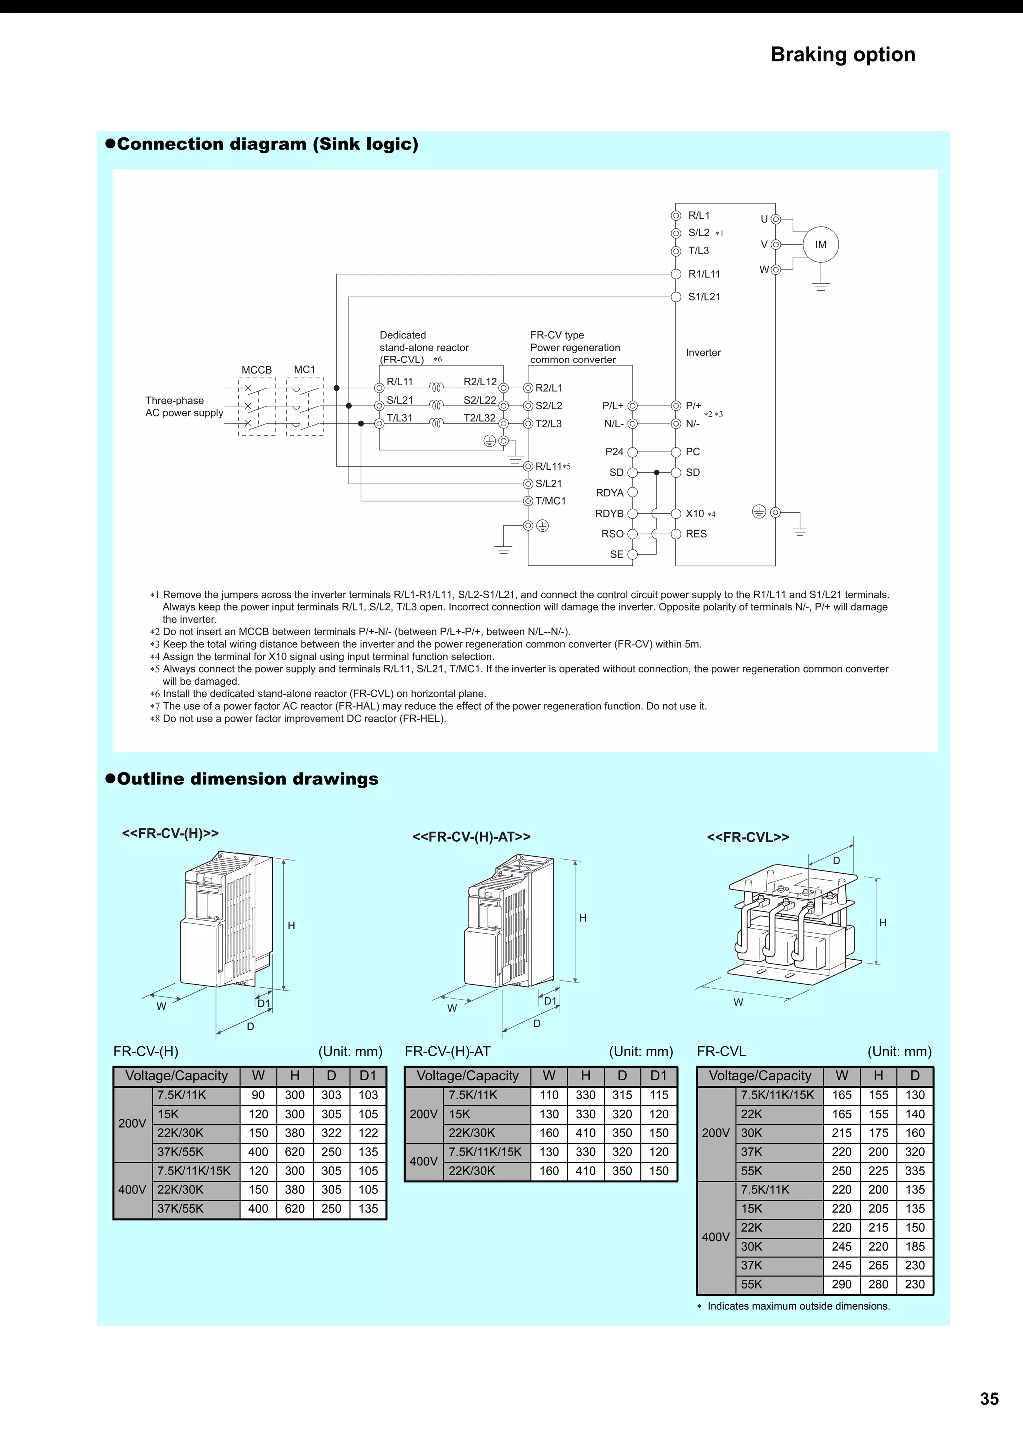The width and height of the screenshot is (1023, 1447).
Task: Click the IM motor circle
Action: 820,245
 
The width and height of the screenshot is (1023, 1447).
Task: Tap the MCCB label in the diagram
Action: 257,370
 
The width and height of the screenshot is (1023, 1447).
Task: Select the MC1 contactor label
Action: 304,370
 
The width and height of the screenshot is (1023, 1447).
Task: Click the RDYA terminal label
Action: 609,493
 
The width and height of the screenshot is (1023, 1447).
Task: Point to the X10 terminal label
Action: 695,514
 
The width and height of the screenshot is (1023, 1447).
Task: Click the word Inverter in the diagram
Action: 703,353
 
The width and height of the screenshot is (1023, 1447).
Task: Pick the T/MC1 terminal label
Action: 551,501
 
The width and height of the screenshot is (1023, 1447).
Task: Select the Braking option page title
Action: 843,55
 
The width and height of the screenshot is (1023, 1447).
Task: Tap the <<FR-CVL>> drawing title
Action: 748,837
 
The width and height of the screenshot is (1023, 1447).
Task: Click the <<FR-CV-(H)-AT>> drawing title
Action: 472,836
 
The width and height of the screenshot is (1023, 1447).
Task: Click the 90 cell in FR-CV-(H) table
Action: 258,1095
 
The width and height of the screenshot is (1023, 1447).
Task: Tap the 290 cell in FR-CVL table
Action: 842,1284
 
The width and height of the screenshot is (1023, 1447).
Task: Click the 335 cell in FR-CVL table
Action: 915,1171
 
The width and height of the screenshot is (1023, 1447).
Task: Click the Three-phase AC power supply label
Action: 184,406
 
